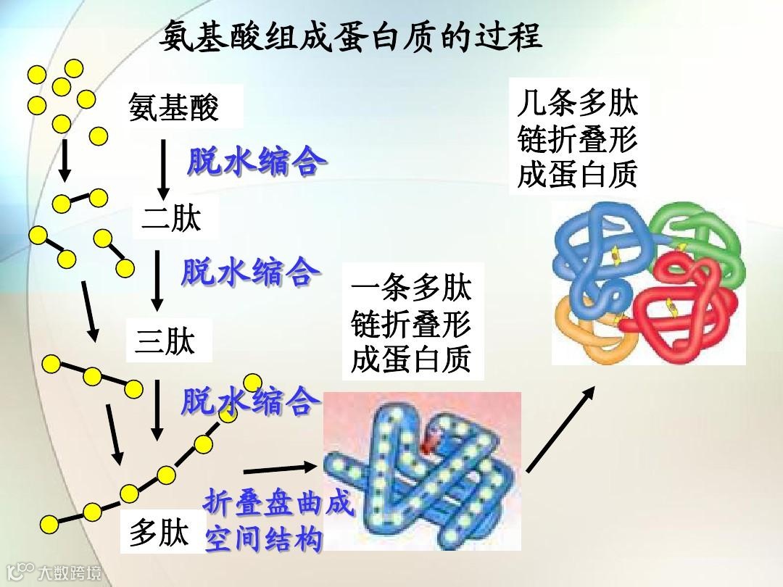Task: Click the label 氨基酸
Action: (174, 109)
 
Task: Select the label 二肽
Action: (171, 218)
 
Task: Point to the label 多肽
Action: (159, 535)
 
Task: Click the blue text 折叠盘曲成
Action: (279, 502)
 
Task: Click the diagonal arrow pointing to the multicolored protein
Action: (560, 429)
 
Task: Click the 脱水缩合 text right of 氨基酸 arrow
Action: (253, 162)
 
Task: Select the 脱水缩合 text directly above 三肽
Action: (250, 272)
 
